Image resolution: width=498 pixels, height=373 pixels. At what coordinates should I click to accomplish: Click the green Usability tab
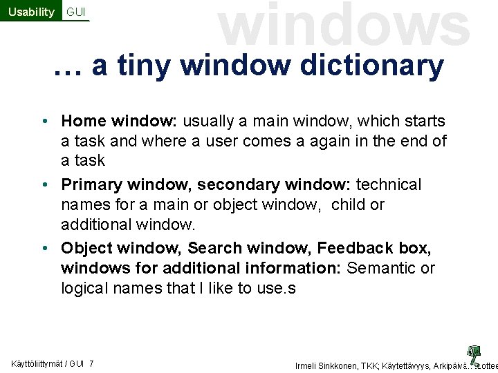pyautogui.click(x=31, y=12)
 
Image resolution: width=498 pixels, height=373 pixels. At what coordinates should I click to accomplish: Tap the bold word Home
pyautogui.click(x=83, y=122)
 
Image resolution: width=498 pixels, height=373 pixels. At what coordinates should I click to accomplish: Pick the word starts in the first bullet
pyautogui.click(x=423, y=122)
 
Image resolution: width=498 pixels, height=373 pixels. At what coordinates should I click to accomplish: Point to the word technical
pyautogui.click(x=389, y=185)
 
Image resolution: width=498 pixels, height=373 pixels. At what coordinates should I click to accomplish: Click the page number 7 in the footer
pyautogui.click(x=92, y=364)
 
